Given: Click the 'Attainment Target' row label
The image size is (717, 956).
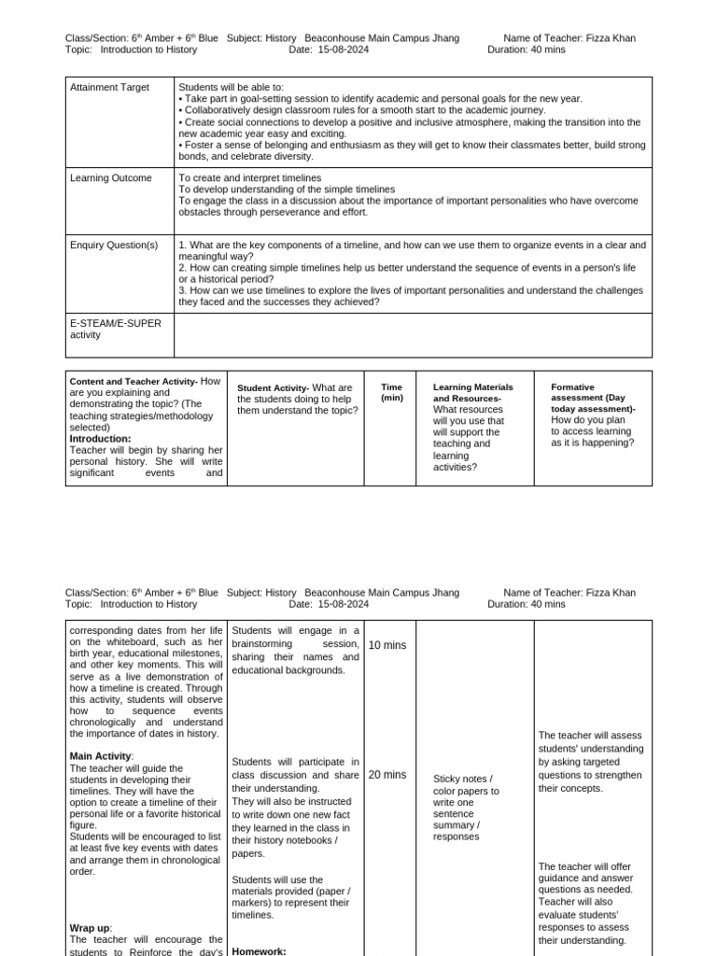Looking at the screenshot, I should (109, 88).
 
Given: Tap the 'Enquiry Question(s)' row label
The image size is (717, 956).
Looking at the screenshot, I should (114, 246).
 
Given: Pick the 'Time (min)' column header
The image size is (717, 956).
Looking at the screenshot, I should (392, 392).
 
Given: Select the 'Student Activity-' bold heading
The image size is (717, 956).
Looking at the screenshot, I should (273, 388).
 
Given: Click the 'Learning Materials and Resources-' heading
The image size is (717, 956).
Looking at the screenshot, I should (472, 393).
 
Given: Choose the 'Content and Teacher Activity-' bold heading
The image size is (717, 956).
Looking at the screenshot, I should (133, 381).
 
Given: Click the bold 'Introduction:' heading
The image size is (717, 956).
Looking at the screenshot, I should (100, 439).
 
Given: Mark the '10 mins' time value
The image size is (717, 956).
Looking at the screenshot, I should (387, 645).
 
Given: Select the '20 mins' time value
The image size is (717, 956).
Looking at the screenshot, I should (387, 775).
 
